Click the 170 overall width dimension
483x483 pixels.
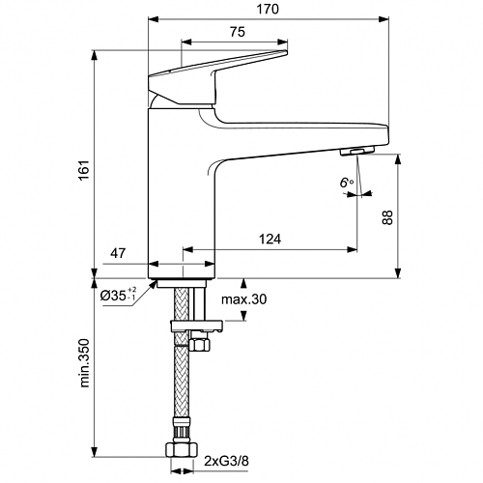268,9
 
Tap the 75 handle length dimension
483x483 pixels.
238,32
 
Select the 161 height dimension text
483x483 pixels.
84,170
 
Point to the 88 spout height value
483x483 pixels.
387,217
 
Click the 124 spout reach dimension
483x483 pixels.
270,239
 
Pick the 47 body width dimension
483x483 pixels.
118,253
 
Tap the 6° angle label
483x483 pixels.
347,183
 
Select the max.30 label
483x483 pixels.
243,299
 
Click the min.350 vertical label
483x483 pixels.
84,362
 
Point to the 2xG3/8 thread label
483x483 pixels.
226,462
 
